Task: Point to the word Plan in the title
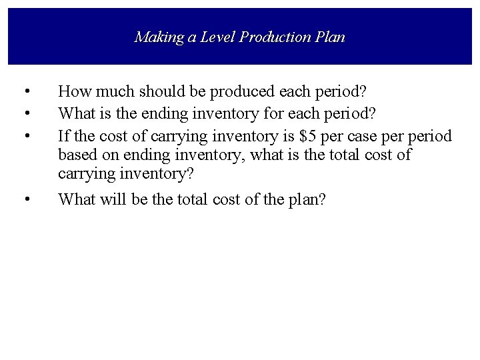pos(331,37)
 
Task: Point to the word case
pos(367,137)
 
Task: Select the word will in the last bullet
pos(115,199)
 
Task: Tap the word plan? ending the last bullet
pos(304,201)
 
